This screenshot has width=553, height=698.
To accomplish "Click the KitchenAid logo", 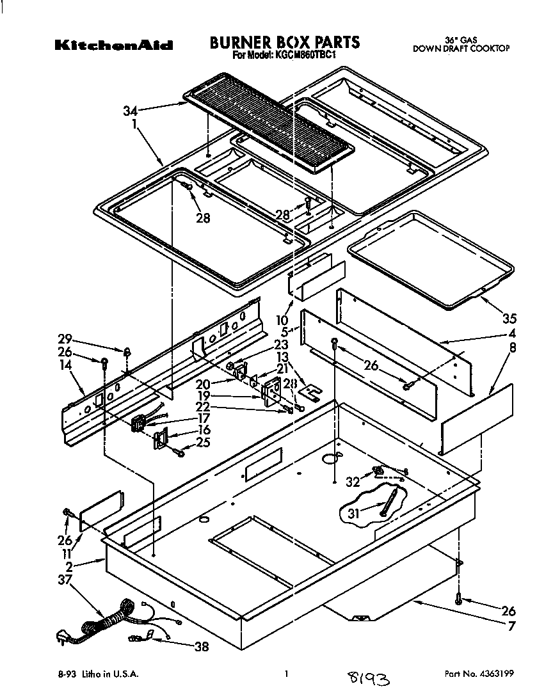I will (113, 45).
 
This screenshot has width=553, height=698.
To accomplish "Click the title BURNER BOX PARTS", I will (285, 43).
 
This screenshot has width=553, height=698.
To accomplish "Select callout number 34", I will (131, 111).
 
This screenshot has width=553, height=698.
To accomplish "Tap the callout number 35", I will (509, 319).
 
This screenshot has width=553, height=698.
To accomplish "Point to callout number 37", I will (65, 580).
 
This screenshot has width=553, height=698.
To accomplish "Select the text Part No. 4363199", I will (478, 674).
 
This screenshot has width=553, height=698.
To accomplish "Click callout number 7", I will (511, 626).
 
